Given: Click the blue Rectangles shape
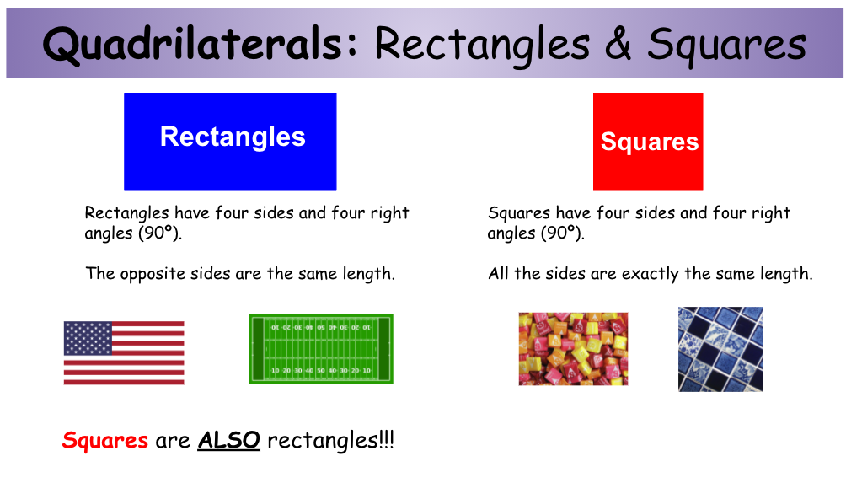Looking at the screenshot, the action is coord(230,142).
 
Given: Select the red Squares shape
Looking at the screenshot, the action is coord(648,142).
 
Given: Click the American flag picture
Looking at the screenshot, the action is coord(124,352).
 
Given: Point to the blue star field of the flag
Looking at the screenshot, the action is coord(88,338).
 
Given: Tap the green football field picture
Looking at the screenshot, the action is coord(321,349).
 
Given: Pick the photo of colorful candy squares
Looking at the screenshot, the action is coord(573,349).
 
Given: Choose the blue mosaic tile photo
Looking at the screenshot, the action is coord(720,349).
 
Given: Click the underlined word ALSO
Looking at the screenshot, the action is coord(228,440).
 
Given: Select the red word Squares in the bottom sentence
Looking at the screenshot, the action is coord(105,441).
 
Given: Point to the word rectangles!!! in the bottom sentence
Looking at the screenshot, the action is coord(331,440).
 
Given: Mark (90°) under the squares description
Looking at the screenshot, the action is coord(563,233).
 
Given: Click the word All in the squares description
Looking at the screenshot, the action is coord(499,273).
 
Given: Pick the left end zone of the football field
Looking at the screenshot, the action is coord(258,349).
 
